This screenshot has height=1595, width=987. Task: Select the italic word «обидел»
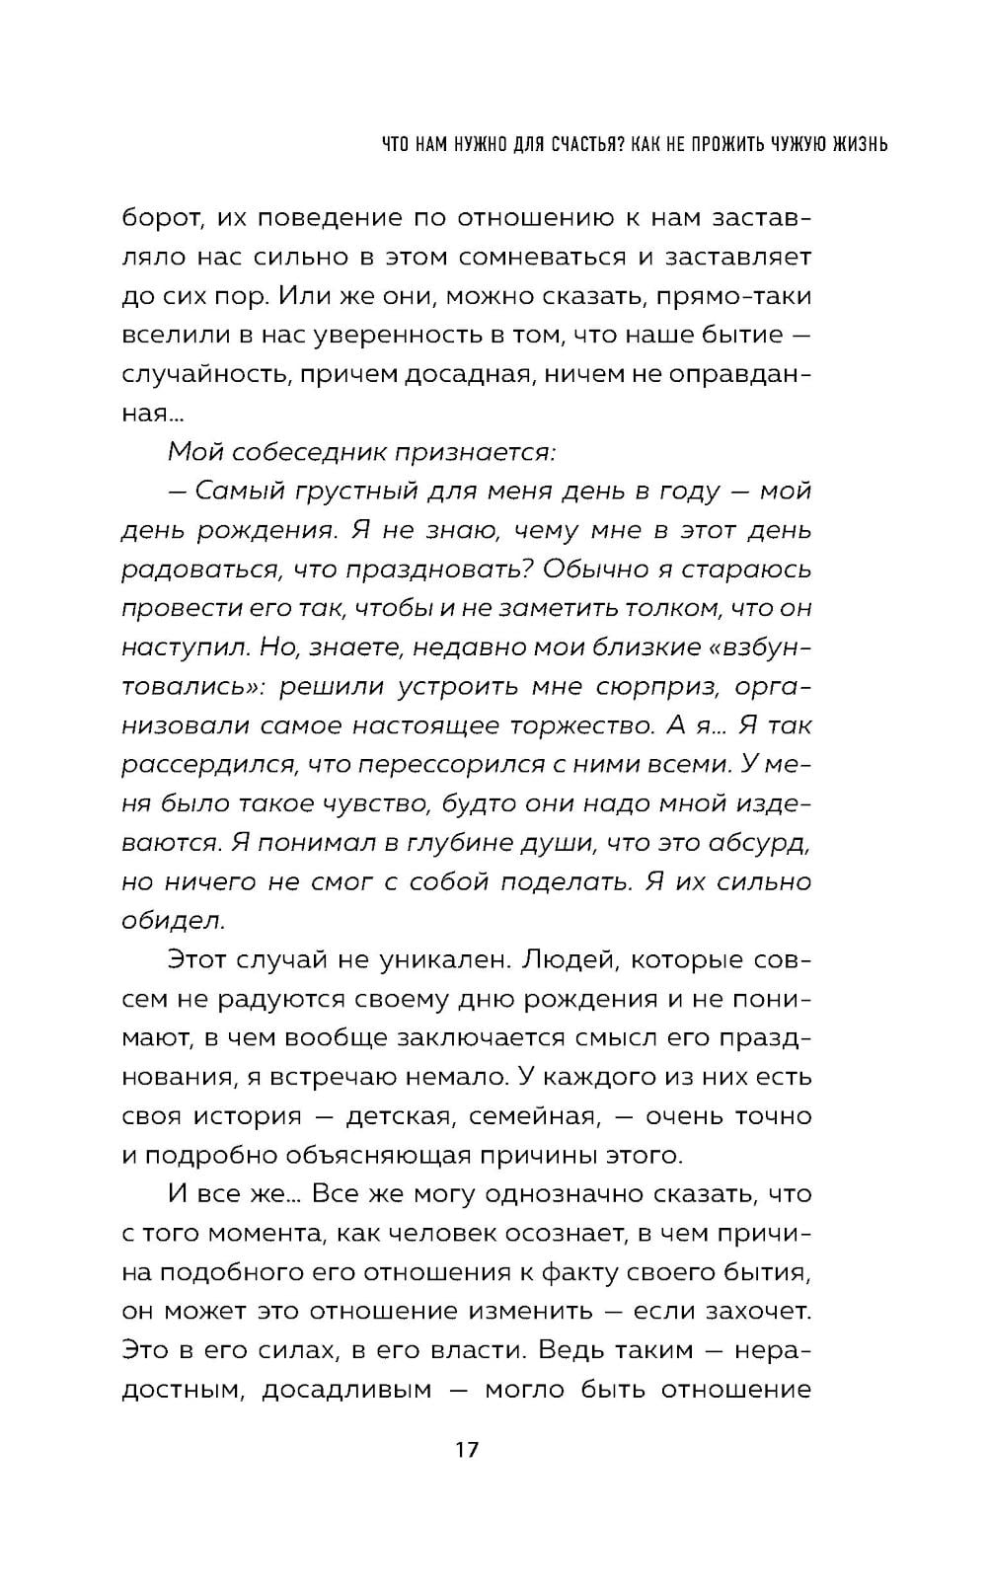[174, 921]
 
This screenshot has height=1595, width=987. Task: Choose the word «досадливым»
[346, 1390]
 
